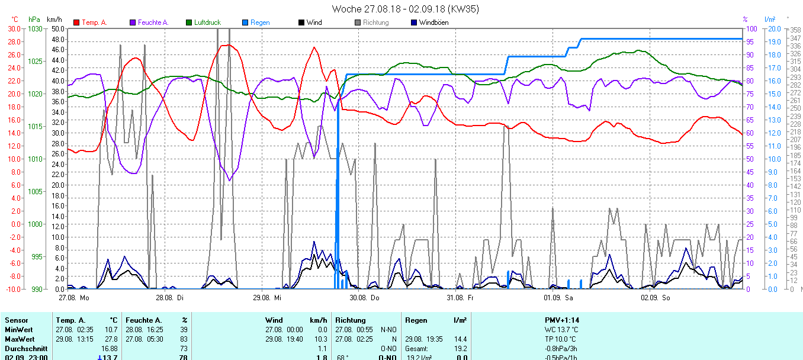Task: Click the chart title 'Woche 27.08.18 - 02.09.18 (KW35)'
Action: [405, 9]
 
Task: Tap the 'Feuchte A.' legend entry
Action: [153, 22]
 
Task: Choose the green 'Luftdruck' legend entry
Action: [207, 22]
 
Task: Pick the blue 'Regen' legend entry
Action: [259, 22]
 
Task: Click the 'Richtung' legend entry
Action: [375, 22]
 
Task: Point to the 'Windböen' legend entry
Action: [433, 22]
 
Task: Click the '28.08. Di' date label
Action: [169, 297]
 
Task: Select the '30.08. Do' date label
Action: [364, 297]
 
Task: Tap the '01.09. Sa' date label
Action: [559, 297]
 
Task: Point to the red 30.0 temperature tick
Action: [14, 28]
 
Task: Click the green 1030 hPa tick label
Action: [35, 28]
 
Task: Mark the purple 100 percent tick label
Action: [751, 28]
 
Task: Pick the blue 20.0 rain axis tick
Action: [773, 28]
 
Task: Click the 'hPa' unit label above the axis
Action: [34, 20]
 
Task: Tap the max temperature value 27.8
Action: [111, 339]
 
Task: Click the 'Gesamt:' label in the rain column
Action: [417, 349]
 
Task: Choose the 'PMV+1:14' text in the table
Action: [561, 320]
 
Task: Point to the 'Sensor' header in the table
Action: [16, 320]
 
